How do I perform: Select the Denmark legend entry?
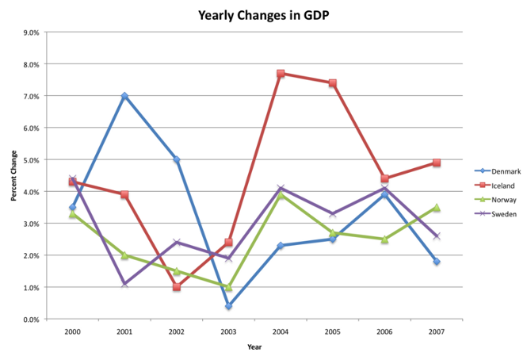[504, 170]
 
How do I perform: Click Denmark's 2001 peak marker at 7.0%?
[124, 96]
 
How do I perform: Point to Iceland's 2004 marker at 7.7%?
[281, 74]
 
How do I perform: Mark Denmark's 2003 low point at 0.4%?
[228, 306]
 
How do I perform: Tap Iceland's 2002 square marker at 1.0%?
[176, 287]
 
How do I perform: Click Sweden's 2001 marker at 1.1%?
[124, 284]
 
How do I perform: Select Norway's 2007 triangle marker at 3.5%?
[436, 208]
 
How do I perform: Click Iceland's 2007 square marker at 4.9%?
[436, 163]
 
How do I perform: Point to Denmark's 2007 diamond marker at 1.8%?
[436, 262]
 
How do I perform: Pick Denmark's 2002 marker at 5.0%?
[176, 159]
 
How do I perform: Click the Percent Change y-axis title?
[13, 176]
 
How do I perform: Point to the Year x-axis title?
[254, 347]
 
